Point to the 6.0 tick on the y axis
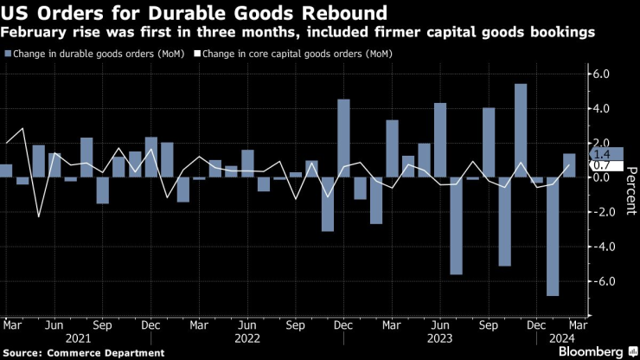[601, 74]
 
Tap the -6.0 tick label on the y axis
[599, 281]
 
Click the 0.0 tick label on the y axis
[601, 177]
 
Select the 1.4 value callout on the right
[603, 153]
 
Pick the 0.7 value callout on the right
[603, 165]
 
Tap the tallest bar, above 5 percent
[521, 131]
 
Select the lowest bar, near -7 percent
[553, 236]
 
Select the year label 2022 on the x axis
[247, 338]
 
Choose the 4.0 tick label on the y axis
[601, 109]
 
